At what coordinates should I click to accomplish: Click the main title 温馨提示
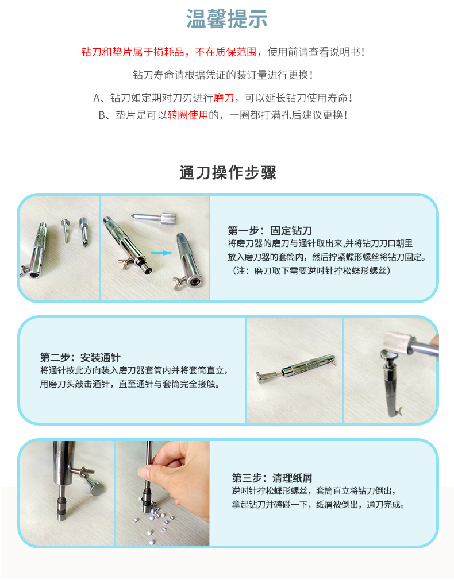point(226,19)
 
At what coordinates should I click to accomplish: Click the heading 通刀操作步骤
point(228,173)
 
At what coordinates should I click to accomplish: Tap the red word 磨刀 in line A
point(224,98)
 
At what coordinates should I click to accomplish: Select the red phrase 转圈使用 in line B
point(188,115)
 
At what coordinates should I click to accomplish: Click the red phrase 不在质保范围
point(226,52)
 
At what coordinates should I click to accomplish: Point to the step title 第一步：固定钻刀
point(270,230)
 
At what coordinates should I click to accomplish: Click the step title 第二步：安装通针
point(80,357)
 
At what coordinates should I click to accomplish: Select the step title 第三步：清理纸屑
point(272,478)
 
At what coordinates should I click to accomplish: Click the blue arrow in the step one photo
point(162,253)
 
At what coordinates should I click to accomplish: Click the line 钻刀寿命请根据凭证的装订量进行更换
point(224,75)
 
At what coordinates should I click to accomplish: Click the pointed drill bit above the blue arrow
point(153,218)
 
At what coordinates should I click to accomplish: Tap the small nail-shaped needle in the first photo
point(66,230)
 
